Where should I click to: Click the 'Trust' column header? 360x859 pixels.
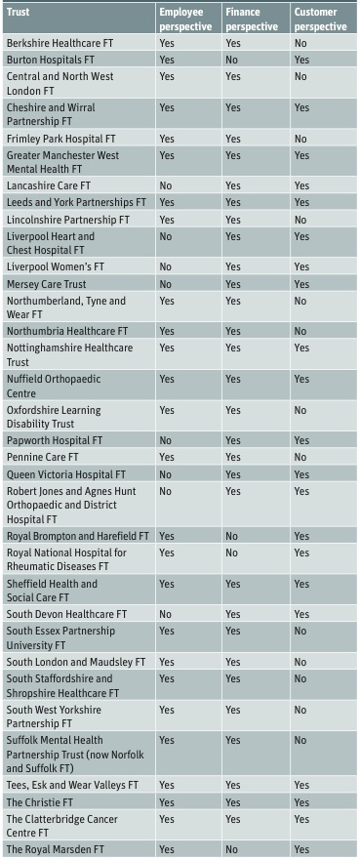click(x=19, y=12)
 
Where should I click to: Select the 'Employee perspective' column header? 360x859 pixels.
click(x=185, y=20)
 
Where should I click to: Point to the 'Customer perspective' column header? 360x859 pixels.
click(x=321, y=20)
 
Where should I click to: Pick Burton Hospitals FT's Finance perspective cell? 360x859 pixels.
click(x=232, y=60)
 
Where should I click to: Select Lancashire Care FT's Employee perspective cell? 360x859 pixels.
click(x=166, y=185)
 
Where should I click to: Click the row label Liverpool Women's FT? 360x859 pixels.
click(x=56, y=266)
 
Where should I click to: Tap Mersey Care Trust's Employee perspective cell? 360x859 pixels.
click(x=166, y=284)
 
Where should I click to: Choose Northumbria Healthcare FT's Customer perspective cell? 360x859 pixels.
click(x=300, y=331)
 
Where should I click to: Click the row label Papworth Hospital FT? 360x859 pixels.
click(x=55, y=440)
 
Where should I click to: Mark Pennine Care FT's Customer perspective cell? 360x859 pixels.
click(x=300, y=457)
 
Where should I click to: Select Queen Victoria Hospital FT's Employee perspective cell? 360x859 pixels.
click(x=166, y=473)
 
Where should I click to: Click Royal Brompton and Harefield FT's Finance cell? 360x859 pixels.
click(x=232, y=536)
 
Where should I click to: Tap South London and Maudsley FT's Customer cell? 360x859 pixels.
click(x=300, y=662)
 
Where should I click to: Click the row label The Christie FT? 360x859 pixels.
click(x=38, y=802)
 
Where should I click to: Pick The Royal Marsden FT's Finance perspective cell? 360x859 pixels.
click(x=232, y=849)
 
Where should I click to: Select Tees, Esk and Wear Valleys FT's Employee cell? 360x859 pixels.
click(x=167, y=785)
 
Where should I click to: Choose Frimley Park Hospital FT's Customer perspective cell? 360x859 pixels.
click(x=300, y=139)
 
